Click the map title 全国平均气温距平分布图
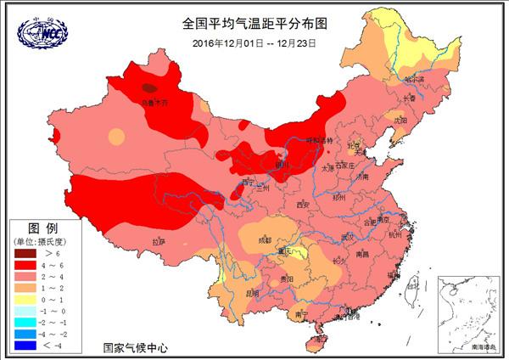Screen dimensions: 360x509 [x=254, y=25]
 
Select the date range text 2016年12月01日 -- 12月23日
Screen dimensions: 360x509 [x=254, y=42]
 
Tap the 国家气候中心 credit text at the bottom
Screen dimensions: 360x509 [x=136, y=347]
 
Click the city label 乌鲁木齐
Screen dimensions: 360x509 [x=154, y=103]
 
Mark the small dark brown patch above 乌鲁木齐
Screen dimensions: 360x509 [x=149, y=87]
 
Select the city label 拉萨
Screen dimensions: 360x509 [x=159, y=242]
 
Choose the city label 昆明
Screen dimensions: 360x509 [x=252, y=294]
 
